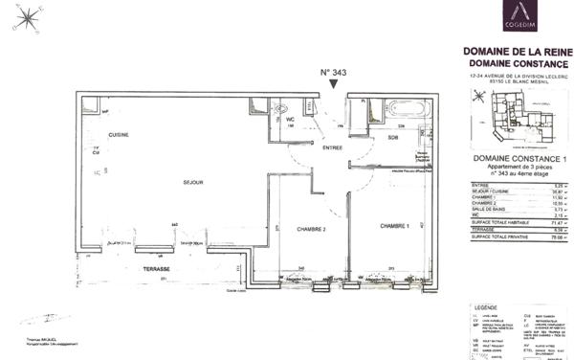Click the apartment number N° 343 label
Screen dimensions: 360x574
pos(332,73)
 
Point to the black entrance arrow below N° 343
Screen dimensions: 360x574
pos(332,86)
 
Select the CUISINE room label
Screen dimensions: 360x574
pos(118,134)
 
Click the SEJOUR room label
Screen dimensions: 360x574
pos(169,180)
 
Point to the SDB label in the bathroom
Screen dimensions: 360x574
pos(392,138)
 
